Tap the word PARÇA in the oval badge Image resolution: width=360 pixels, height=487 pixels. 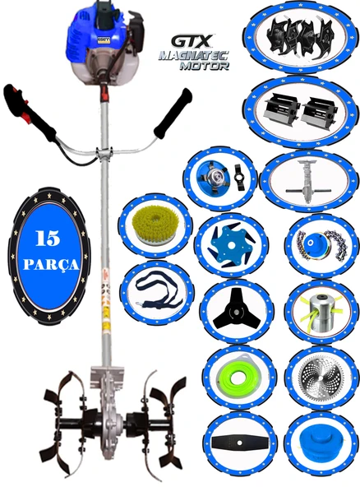click(51, 265)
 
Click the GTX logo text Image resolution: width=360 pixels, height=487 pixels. click(192, 42)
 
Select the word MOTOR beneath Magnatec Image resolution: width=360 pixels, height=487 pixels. click(205, 66)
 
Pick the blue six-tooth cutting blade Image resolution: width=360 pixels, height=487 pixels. click(231, 245)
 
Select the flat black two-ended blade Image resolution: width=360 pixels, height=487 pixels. click(239, 442)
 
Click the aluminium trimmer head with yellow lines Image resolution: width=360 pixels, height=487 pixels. click(320, 313)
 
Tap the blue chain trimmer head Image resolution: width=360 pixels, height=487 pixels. click(319, 245)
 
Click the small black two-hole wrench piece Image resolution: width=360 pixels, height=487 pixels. click(238, 178)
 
